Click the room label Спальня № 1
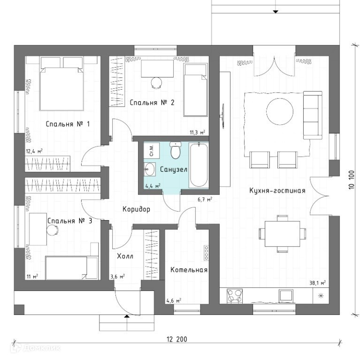click(x=68, y=124)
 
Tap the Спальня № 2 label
click(x=152, y=102)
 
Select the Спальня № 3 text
click(x=69, y=221)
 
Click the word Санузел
click(x=174, y=169)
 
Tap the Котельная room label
click(x=189, y=270)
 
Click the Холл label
click(x=125, y=256)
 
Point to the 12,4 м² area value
click(x=34, y=151)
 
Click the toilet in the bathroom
click(x=176, y=151)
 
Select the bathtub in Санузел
click(x=199, y=165)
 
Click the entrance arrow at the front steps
click(x=127, y=317)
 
